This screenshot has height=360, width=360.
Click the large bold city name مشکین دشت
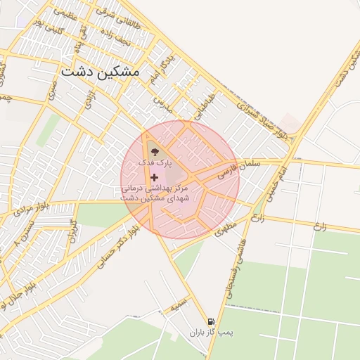[x=100, y=72]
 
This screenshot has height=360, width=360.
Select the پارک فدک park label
[x=155, y=162]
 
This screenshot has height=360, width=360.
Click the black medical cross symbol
[x=154, y=177]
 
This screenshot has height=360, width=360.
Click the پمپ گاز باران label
[x=211, y=331]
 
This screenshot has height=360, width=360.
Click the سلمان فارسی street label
[x=239, y=167]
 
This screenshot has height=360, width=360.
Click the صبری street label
[x=52, y=89]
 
